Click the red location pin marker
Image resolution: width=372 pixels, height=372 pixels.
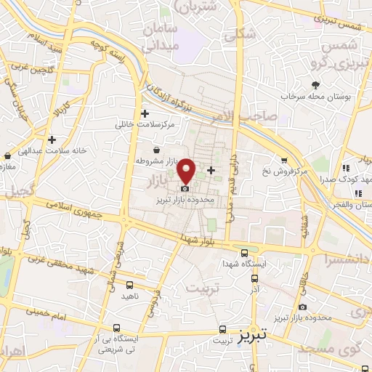(x=186, y=169)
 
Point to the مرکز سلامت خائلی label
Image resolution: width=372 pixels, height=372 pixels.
(x=145, y=125)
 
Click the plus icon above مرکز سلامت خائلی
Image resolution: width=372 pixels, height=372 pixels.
(x=145, y=113)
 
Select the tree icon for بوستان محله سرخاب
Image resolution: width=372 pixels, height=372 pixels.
(x=315, y=85)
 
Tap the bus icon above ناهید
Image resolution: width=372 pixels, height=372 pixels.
(x=129, y=286)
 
